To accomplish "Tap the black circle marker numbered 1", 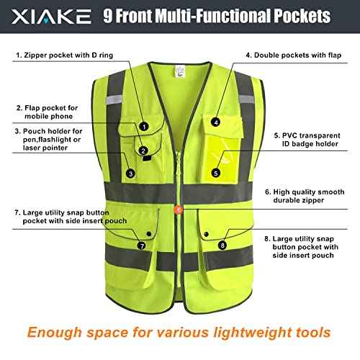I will click(144, 126).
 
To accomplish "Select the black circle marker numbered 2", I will click(144, 150).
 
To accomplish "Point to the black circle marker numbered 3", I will click(130, 173).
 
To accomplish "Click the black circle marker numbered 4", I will click(216, 104).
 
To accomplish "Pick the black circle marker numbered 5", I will click(216, 173).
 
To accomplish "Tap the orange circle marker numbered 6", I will click(179, 210).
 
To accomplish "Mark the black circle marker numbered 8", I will click(221, 246).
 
